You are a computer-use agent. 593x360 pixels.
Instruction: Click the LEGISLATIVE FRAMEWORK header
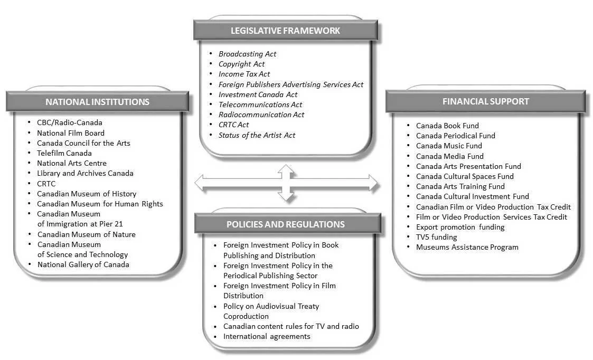285,31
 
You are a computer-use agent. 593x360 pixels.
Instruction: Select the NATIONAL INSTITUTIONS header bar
97,102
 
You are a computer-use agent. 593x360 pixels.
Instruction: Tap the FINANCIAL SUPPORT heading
485,101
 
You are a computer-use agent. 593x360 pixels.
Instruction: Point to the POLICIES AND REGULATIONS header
286,224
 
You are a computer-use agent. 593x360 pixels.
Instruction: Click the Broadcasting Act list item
247,54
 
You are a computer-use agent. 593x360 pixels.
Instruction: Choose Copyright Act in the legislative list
241,64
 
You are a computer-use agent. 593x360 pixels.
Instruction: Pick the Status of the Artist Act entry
257,135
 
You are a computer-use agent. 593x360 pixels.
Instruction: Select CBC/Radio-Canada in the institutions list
69,122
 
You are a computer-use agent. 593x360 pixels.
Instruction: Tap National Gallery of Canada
83,264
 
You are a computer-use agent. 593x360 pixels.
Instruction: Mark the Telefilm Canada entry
64,153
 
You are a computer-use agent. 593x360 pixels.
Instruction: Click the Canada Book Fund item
447,126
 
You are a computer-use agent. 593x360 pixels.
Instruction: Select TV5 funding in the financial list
436,237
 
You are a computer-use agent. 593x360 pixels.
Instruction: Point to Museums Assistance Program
467,247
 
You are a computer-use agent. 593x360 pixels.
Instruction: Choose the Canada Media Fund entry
449,156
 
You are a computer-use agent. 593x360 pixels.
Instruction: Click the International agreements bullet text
267,336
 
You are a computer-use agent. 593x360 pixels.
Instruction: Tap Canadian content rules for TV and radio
291,326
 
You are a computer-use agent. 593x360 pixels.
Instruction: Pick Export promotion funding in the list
460,227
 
